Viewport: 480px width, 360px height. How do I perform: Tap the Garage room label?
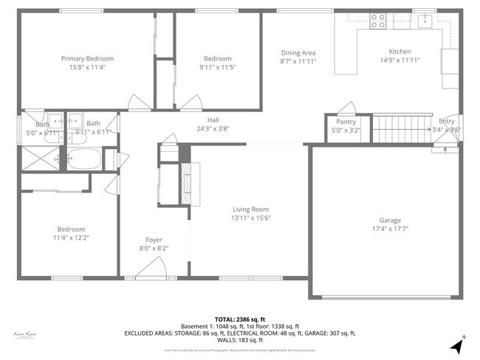(x=390, y=220)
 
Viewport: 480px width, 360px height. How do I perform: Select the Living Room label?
(x=250, y=209)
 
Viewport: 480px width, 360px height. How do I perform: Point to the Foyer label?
(x=154, y=240)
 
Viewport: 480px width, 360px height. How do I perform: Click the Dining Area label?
(x=298, y=52)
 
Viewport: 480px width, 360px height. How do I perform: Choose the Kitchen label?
(x=400, y=52)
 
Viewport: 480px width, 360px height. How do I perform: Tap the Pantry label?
(x=346, y=122)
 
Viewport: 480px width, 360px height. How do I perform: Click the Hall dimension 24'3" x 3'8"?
(x=213, y=128)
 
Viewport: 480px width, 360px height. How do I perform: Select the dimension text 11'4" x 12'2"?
(x=69, y=238)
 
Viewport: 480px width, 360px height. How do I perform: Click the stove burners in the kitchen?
(x=378, y=20)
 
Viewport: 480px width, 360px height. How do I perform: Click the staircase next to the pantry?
(x=399, y=130)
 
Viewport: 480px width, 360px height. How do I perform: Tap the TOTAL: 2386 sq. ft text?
(x=240, y=319)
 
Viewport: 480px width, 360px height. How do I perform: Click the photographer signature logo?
(x=25, y=334)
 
